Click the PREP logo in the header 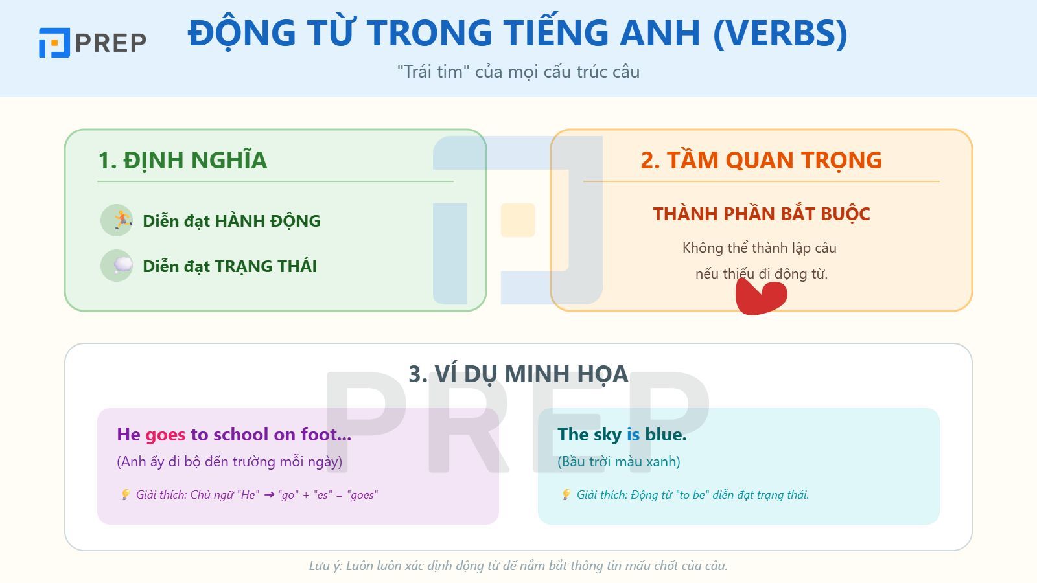(x=92, y=43)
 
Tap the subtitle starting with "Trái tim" (x=518, y=72)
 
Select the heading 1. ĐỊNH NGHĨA (x=182, y=161)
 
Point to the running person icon (x=117, y=220)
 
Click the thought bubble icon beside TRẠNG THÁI (x=117, y=266)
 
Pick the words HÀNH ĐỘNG (x=267, y=221)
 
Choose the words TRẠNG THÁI (x=266, y=266)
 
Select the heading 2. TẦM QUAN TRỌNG (x=761, y=161)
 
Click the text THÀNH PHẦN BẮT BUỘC (x=761, y=214)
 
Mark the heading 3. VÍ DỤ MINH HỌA (x=518, y=374)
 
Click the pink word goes (x=165, y=435)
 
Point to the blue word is (x=633, y=435)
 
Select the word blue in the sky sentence (x=665, y=435)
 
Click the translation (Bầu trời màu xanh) (x=618, y=462)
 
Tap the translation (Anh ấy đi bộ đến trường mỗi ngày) (x=229, y=462)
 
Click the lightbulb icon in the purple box (x=126, y=495)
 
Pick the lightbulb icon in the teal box (x=566, y=495)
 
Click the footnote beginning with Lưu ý (x=518, y=566)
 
